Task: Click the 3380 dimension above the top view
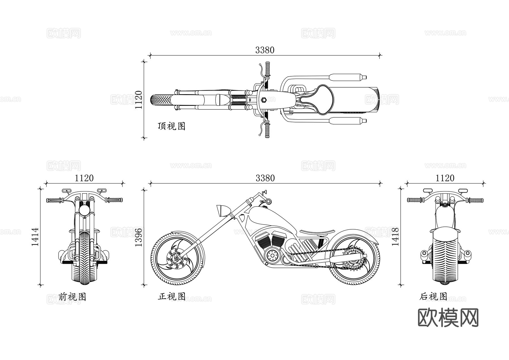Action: tap(265, 50)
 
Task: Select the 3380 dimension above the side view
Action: tap(265, 178)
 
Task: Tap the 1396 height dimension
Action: tap(138, 237)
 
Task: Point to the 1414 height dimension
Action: tap(35, 237)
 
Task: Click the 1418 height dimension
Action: tap(395, 237)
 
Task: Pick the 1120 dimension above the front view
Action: tap(84, 178)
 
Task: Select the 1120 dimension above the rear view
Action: tap(445, 178)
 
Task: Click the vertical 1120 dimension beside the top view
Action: tap(138, 100)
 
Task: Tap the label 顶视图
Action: tap(171, 126)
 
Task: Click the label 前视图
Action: tap(72, 297)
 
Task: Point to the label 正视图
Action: tap(171, 296)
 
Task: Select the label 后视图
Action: tap(433, 296)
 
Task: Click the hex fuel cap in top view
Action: tap(264, 100)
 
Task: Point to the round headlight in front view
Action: tap(84, 210)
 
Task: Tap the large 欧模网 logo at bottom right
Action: tap(448, 318)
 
